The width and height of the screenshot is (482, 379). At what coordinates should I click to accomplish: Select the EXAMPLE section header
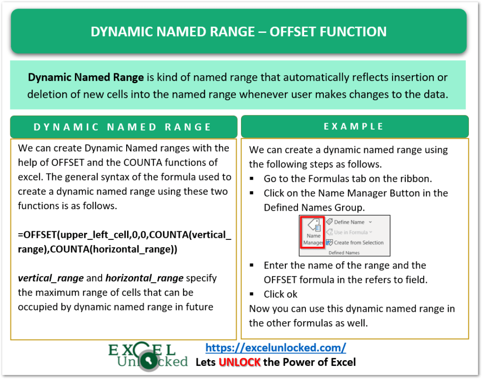click(x=354, y=126)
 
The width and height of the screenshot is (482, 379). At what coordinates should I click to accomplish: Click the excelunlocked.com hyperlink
click(x=276, y=348)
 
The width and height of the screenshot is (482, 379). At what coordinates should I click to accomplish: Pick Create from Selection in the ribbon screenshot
click(x=358, y=243)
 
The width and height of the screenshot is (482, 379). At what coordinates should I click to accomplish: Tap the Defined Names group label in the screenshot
click(x=344, y=253)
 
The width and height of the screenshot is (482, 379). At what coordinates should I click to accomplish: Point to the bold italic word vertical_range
click(x=50, y=278)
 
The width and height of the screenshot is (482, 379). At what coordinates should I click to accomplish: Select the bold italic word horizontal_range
click(x=145, y=278)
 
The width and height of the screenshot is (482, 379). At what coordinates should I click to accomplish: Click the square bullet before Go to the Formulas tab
click(x=253, y=179)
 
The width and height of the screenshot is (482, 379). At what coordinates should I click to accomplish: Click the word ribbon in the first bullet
click(x=417, y=179)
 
